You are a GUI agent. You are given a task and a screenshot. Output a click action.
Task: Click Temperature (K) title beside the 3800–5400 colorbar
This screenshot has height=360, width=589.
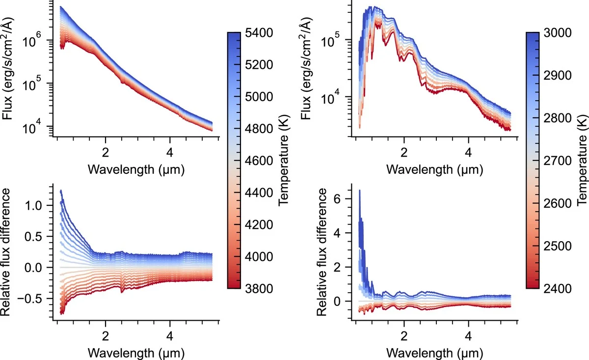[282, 161]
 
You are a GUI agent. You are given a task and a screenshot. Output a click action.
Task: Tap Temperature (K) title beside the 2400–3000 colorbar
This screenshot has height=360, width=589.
[582, 161]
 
